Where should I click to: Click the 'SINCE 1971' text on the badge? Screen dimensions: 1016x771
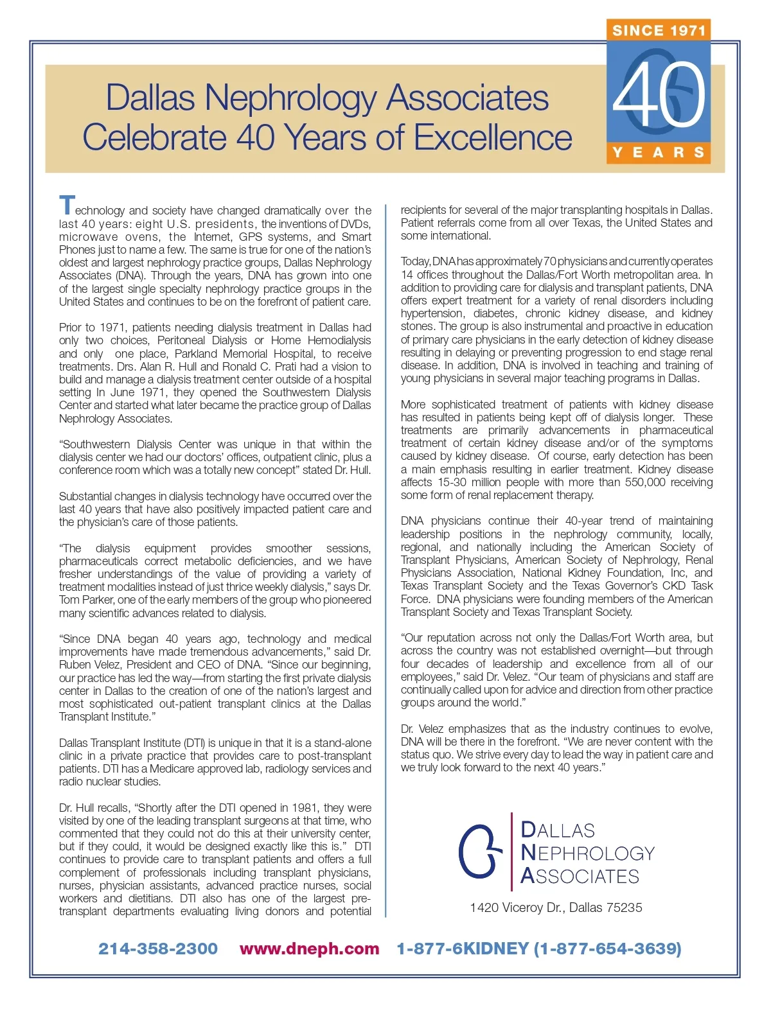pos(659,30)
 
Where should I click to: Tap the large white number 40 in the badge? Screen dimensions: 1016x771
pos(659,94)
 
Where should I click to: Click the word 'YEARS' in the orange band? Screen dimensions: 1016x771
pos(659,152)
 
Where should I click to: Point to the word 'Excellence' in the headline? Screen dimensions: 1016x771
pos(493,137)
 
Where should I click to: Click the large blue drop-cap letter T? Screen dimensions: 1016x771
pos(67,206)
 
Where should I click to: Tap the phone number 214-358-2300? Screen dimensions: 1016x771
pos(158,949)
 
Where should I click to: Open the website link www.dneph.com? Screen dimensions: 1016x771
pos(309,949)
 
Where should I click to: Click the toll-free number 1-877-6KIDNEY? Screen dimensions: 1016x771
pos(463,949)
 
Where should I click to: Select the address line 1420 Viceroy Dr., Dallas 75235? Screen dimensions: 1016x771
pos(556,907)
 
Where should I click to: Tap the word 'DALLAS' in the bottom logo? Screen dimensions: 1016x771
pos(558,830)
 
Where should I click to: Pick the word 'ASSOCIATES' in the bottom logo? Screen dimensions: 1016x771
pos(580,876)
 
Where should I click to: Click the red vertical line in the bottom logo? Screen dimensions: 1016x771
pos(511,852)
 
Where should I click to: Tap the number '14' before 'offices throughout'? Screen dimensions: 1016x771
pos(407,275)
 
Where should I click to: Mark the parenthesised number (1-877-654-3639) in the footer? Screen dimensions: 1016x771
pos(608,949)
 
